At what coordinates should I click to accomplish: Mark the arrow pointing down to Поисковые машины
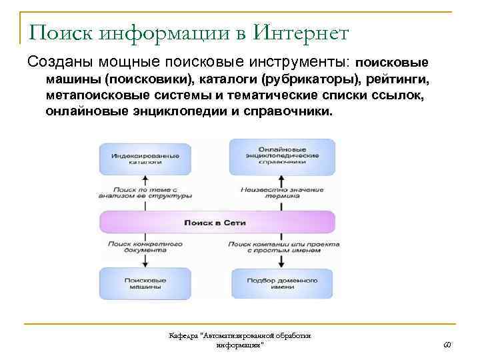[145, 261]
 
